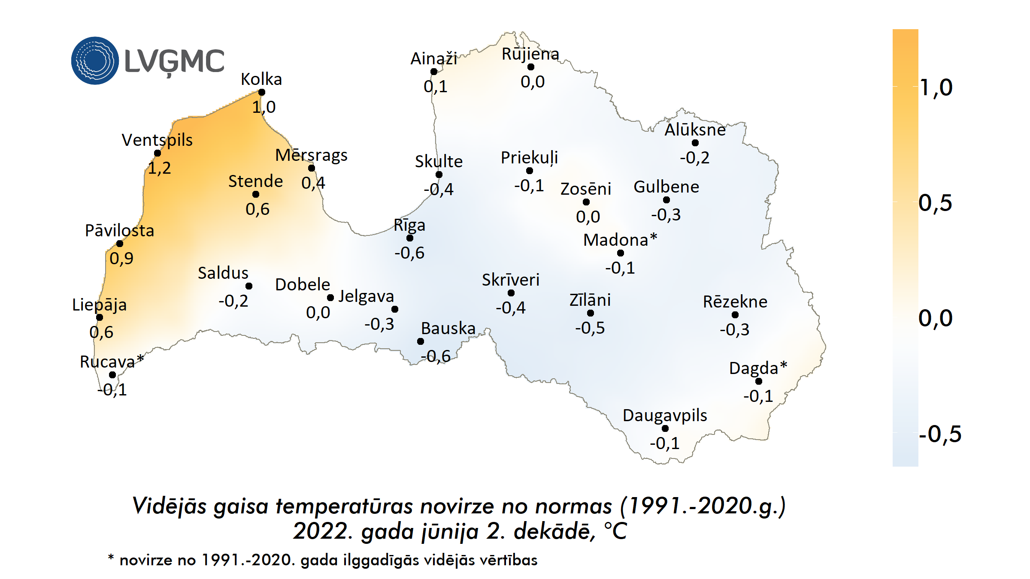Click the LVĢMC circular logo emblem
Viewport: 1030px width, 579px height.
coord(95,60)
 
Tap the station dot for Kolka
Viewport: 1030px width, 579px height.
coord(262,92)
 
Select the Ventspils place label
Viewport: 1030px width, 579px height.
coord(157,140)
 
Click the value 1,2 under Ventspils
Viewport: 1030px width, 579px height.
coord(159,168)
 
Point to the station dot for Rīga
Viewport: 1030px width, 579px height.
coord(410,238)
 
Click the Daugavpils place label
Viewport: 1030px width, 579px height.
coord(665,415)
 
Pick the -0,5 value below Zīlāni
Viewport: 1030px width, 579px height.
coord(590,328)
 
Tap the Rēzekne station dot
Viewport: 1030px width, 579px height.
coord(735,315)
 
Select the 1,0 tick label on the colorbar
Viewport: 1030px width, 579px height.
coord(936,87)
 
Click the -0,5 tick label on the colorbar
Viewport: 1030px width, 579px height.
coord(940,434)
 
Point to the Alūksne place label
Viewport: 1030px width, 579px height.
coord(695,130)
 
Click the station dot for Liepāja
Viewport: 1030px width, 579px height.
coord(100,317)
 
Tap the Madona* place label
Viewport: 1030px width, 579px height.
coord(620,240)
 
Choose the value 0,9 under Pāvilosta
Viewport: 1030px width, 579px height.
coord(121,258)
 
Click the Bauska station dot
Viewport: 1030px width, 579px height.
coord(421,341)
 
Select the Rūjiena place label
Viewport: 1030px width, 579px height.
coord(530,54)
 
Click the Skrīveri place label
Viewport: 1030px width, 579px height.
coord(510,280)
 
